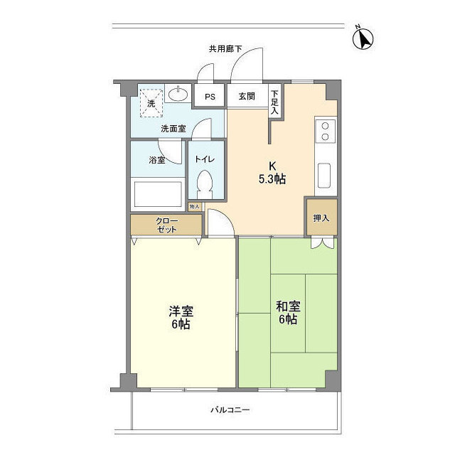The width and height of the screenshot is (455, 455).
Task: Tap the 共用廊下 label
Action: point(225,49)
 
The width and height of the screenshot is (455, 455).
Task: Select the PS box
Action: point(210,97)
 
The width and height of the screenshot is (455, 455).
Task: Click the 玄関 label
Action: point(246,97)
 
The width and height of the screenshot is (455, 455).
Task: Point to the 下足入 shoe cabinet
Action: point(274,101)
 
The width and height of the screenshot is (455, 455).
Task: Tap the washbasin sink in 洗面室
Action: point(178,94)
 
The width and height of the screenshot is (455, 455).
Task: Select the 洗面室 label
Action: point(173,129)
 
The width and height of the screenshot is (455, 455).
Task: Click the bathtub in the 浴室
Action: point(157,192)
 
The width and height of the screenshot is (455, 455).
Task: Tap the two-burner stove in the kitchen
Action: point(325,131)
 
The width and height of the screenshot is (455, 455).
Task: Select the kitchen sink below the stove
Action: point(325,175)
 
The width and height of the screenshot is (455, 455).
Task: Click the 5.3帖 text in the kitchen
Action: point(272,180)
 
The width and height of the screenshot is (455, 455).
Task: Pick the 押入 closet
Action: point(321,218)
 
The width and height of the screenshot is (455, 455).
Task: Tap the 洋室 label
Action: point(181,311)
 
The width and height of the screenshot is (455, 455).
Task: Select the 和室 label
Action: point(288,307)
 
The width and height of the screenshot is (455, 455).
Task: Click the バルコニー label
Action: point(230,410)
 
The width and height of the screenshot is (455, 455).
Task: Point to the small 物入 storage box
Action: point(195,206)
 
